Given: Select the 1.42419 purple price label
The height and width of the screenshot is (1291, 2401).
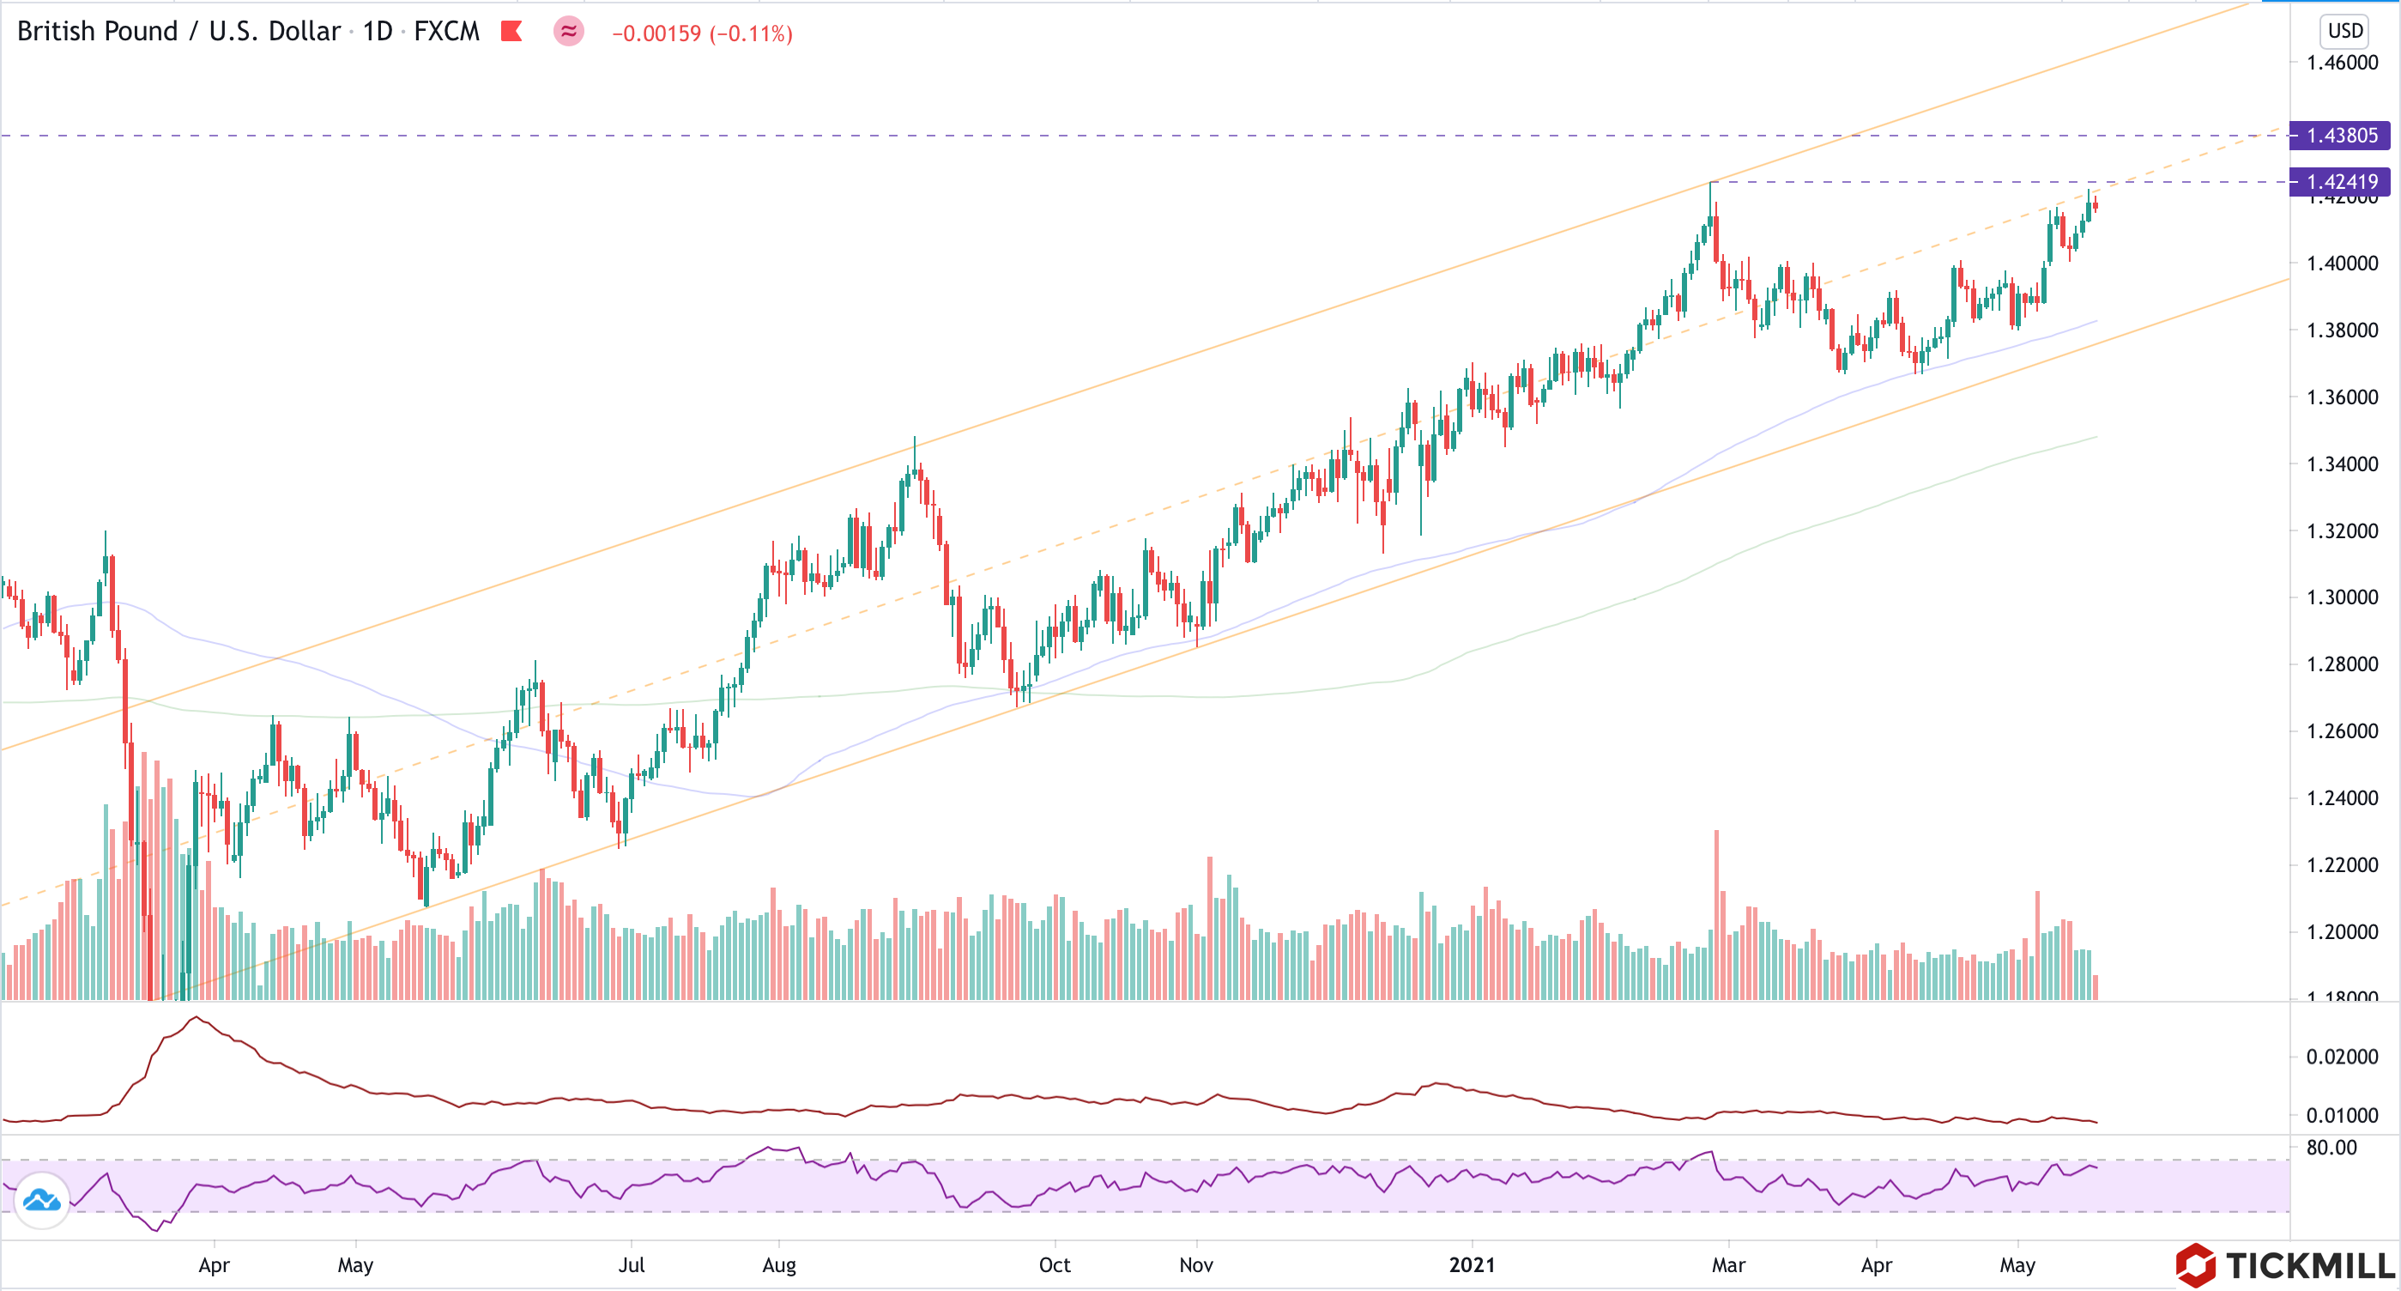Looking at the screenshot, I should [x=2340, y=182].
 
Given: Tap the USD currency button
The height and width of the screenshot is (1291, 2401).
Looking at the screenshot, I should [x=2344, y=31].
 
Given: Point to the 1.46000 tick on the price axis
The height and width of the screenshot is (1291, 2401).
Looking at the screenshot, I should [x=2341, y=64].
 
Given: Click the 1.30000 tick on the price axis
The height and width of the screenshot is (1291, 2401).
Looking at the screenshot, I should [x=2341, y=597].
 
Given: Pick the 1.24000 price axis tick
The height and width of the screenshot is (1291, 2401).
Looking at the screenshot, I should [x=2341, y=798].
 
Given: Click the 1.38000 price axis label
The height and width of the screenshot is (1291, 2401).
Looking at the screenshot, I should [x=2341, y=330].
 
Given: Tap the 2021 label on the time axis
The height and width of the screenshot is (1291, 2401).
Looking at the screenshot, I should [x=1472, y=1265].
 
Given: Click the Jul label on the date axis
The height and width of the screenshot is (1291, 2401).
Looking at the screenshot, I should [x=631, y=1265].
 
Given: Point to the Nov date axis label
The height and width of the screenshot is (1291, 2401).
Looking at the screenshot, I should [x=1196, y=1265].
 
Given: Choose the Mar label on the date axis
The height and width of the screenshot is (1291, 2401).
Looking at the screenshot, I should [x=1728, y=1265].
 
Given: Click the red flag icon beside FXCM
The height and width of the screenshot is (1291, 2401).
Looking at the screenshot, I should [x=511, y=32].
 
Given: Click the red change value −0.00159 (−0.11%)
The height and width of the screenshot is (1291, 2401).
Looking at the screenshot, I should [x=702, y=33].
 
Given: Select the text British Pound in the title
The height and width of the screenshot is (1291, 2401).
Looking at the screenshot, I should [x=97, y=32].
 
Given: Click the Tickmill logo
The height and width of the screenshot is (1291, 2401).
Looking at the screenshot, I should [x=2283, y=1265].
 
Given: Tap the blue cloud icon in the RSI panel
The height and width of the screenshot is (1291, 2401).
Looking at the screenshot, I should [x=42, y=1201].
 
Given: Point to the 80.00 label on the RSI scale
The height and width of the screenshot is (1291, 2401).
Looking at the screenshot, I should [x=2331, y=1148].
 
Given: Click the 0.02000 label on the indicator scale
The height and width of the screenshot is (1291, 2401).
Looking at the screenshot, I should [x=2341, y=1057].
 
